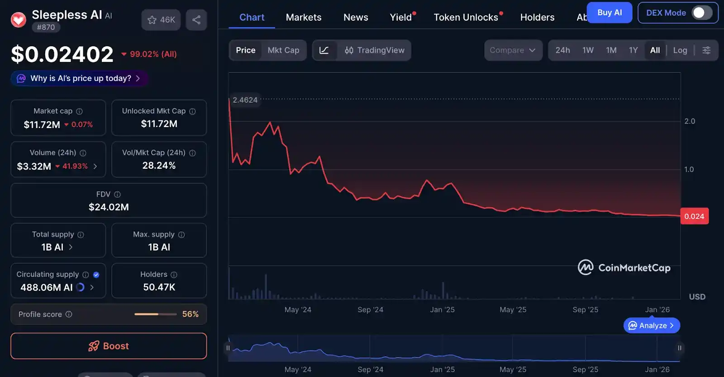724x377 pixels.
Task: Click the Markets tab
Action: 304,17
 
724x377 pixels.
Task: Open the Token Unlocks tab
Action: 466,17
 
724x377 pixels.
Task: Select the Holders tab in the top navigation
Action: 537,17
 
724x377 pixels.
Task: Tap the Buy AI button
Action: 609,13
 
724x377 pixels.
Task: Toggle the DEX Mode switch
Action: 701,13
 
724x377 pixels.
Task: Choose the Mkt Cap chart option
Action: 283,50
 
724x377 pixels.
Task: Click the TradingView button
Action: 375,50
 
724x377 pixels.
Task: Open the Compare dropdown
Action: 513,50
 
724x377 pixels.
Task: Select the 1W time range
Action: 588,50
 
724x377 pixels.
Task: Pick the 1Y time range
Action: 633,50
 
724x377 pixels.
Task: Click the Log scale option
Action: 680,50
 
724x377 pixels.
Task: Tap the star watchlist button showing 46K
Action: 161,20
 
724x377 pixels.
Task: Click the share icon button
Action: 196,20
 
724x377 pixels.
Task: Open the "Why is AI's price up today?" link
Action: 80,78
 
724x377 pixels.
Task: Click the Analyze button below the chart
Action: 652,325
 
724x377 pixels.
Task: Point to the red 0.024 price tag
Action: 694,216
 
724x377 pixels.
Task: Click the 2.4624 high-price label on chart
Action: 245,100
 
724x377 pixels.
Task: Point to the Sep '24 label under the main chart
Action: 370,310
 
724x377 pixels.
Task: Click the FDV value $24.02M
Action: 109,207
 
